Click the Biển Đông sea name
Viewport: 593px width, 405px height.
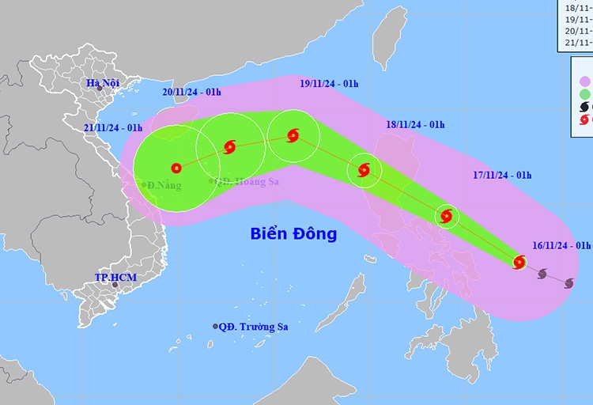click(x=293, y=233)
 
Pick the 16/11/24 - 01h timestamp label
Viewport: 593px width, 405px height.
click(x=562, y=246)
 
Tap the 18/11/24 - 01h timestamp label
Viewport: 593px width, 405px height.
click(x=415, y=124)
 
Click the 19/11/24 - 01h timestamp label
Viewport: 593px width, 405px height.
click(x=329, y=82)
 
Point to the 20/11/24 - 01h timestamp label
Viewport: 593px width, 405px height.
click(x=192, y=92)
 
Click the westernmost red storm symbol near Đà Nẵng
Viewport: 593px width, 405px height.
click(x=176, y=168)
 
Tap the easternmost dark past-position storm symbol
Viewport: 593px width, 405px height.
click(x=568, y=282)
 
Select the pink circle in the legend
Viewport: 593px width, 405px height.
click(x=586, y=81)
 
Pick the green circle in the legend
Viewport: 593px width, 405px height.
click(x=586, y=94)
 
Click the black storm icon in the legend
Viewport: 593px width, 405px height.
click(x=586, y=108)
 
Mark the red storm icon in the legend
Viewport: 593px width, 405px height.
click(x=586, y=120)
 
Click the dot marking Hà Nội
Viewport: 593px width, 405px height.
click(x=100, y=88)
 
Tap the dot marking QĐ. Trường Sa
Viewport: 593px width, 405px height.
click(x=215, y=327)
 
